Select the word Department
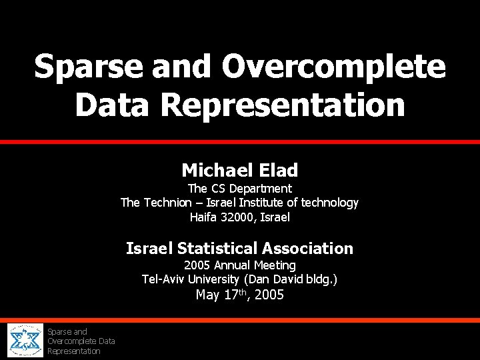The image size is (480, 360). pos(261,189)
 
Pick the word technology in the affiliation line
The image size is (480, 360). pos(330,203)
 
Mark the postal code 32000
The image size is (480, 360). pos(239,217)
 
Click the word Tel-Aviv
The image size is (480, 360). pos(164,279)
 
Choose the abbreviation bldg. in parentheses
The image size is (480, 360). pos(321,279)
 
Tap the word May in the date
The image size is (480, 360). pos(208,295)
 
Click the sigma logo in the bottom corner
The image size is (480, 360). pos(25,341)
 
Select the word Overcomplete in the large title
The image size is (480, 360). pos(333,67)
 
